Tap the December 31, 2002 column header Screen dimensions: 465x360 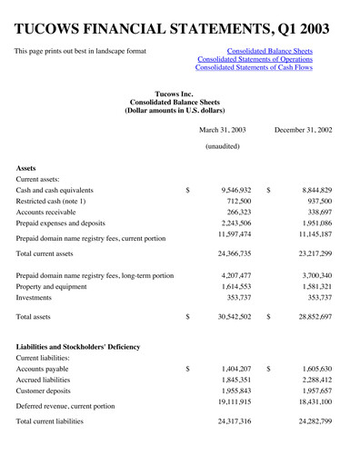(303, 130)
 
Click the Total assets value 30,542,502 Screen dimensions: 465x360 (233, 317)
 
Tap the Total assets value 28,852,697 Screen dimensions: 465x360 (313, 317)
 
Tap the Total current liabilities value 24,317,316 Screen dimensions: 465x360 (233, 422)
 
